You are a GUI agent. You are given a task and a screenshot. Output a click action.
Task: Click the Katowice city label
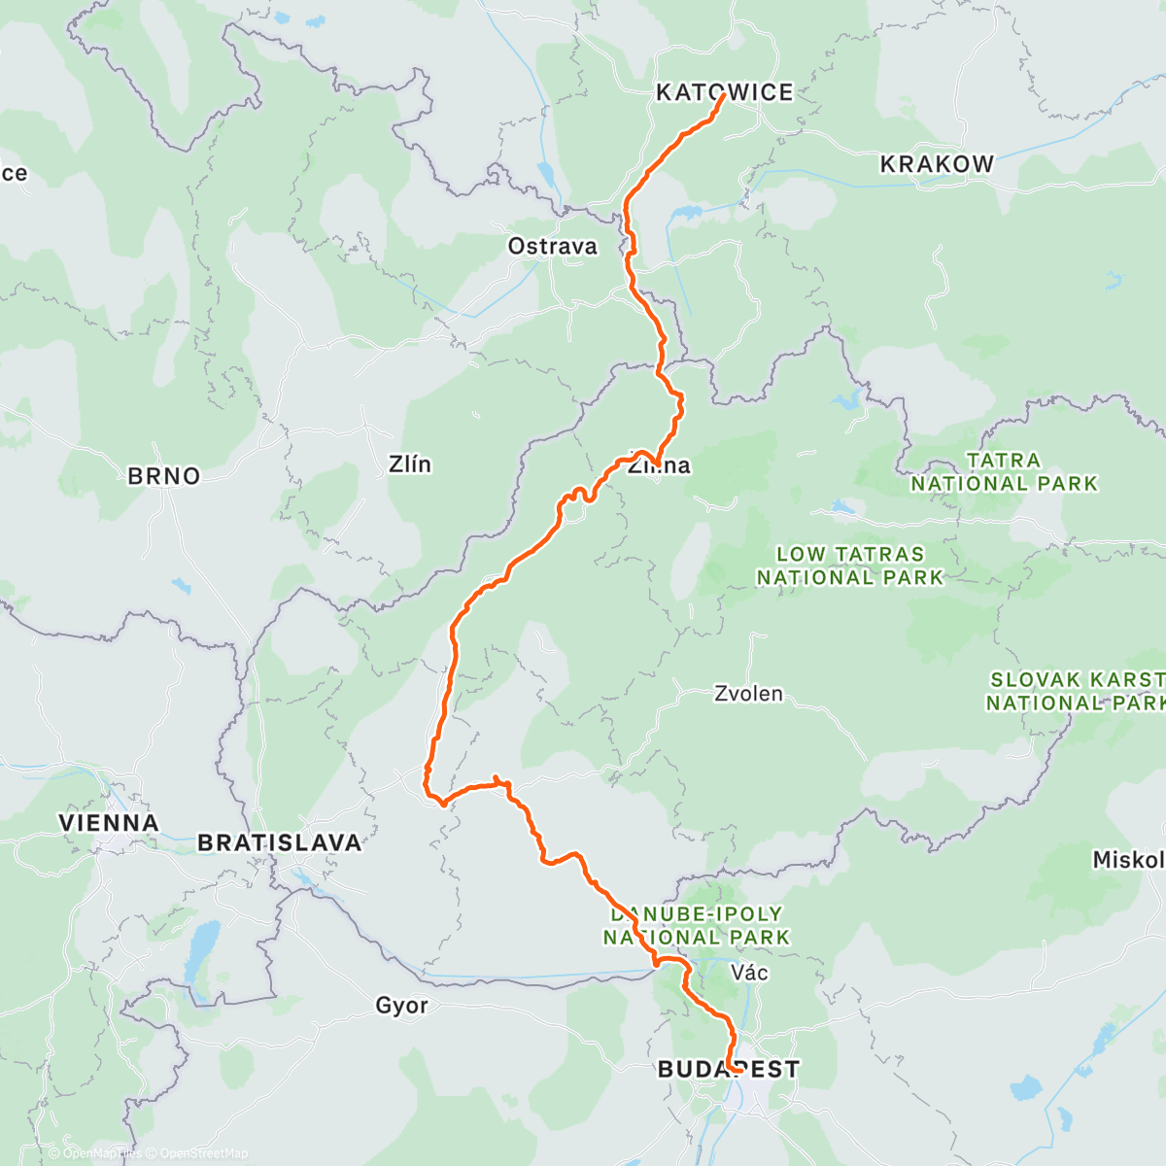pyautogui.click(x=724, y=92)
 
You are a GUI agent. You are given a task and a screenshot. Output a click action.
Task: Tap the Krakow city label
pyautogui.click(x=937, y=164)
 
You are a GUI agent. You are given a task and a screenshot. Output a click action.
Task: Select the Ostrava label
pyautogui.click(x=552, y=247)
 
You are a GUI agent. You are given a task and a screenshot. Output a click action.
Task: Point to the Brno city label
pyautogui.click(x=164, y=476)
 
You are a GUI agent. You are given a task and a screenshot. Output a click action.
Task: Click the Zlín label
pyautogui.click(x=409, y=464)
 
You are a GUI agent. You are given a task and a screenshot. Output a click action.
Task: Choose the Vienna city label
pyautogui.click(x=108, y=823)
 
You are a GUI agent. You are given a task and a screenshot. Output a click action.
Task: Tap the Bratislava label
pyautogui.click(x=280, y=842)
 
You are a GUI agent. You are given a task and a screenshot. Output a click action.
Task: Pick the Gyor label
pyautogui.click(x=401, y=1006)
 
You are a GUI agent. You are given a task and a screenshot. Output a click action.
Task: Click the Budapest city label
pyautogui.click(x=729, y=1070)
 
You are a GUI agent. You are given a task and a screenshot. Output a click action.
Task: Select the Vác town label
pyautogui.click(x=749, y=973)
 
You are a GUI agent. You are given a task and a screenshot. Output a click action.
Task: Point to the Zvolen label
pyautogui.click(x=748, y=694)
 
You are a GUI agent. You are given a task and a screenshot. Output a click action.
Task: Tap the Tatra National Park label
pyautogui.click(x=1004, y=471)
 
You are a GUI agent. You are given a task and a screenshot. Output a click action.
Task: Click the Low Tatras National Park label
pyautogui.click(x=850, y=566)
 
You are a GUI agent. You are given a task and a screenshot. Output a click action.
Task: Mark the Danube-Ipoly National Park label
pyautogui.click(x=697, y=926)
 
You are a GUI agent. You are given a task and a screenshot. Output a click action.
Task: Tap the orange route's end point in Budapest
pyautogui.click(x=728, y=1070)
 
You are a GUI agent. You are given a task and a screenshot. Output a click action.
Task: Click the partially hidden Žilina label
pyautogui.click(x=660, y=465)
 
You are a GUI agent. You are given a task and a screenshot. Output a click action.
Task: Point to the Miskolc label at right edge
pyautogui.click(x=1128, y=860)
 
